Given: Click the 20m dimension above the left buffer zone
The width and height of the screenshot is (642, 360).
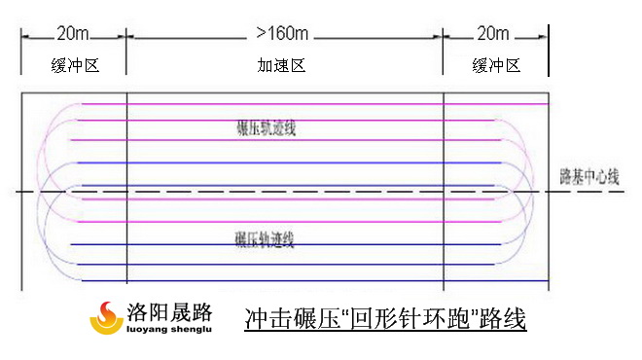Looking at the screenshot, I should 74,33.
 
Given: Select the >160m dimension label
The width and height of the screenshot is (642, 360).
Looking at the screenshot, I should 284,33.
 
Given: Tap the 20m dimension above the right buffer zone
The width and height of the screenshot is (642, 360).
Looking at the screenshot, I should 494,33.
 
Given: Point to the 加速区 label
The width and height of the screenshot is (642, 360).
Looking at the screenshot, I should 282,65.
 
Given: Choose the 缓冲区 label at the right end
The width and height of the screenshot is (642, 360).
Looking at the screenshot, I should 496,65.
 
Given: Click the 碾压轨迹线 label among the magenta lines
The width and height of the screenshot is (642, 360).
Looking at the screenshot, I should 265,127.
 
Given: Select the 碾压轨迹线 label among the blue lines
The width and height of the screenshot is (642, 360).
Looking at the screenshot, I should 265,237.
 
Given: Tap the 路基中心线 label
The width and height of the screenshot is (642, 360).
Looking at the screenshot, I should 588,177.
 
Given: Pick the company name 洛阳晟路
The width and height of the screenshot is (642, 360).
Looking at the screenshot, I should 170,311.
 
